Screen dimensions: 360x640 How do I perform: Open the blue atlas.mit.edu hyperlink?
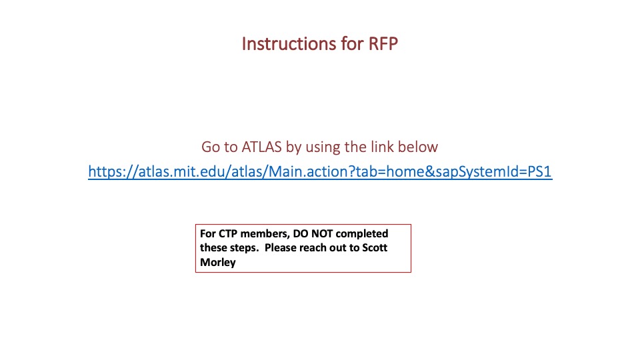[320, 172]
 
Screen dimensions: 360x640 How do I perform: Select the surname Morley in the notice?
[218, 262]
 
